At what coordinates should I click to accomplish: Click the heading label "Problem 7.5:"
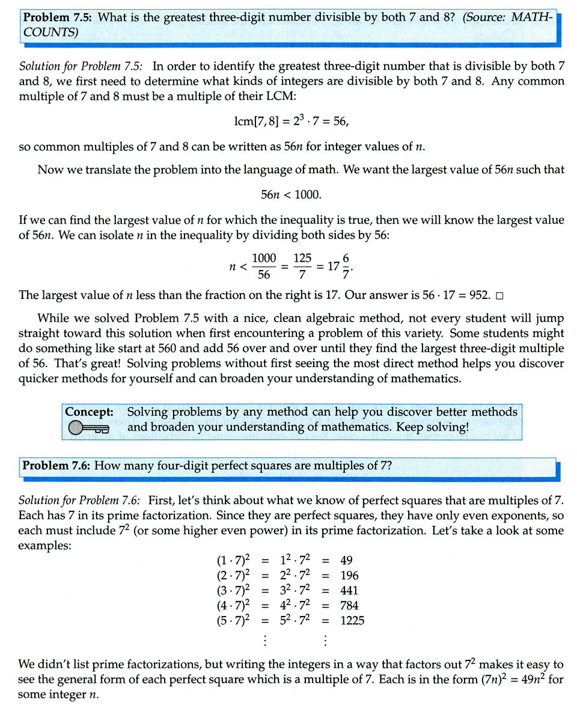coord(58,17)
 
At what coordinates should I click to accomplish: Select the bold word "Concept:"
coord(90,412)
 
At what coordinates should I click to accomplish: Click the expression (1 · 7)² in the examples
coord(233,561)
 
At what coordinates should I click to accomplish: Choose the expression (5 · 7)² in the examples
coord(233,620)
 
